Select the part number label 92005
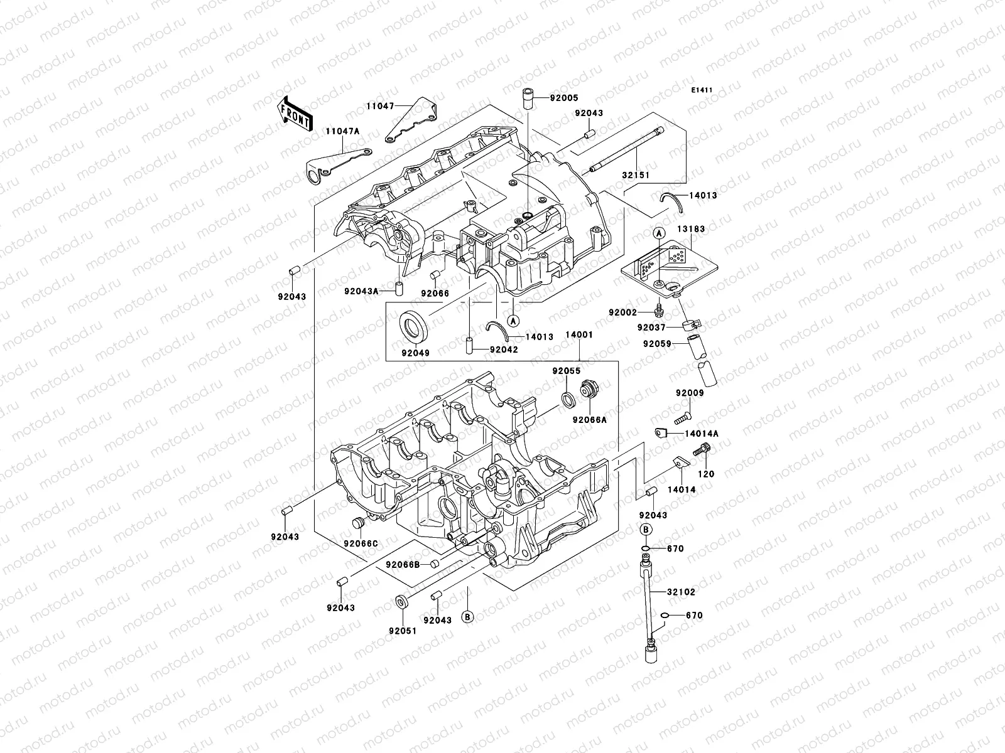(x=564, y=98)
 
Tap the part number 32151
(x=636, y=176)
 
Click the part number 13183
(x=691, y=230)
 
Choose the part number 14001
(x=579, y=335)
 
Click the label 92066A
(x=589, y=420)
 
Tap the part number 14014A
(x=702, y=434)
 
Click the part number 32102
(x=682, y=592)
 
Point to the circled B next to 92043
(x=467, y=617)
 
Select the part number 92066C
(x=361, y=543)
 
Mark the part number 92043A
(x=360, y=291)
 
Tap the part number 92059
(x=657, y=344)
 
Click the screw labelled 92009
(x=683, y=415)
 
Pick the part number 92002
(x=622, y=312)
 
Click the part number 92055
(x=566, y=371)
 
